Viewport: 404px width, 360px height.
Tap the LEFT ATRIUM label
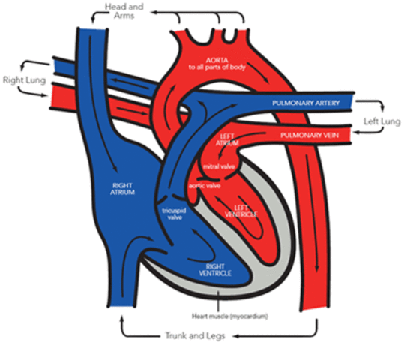[x=227, y=139]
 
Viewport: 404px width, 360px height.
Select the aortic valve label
[x=197, y=184]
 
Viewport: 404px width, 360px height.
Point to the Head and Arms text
[x=127, y=10]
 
